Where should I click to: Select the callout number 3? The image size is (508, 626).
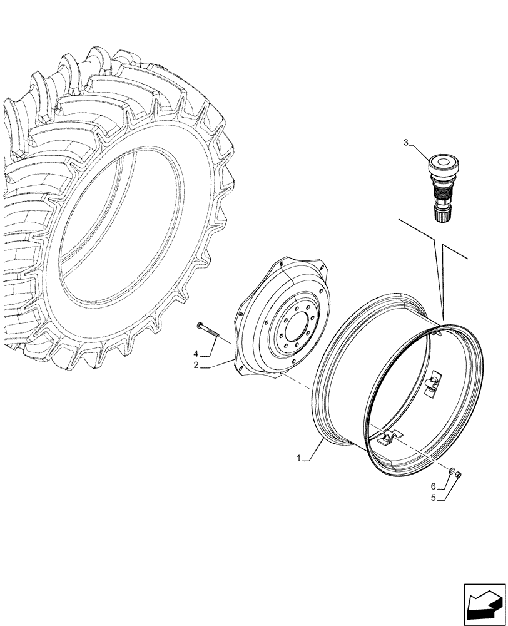coord(406,143)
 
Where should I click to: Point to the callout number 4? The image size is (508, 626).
coord(196,354)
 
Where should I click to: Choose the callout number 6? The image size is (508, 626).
coord(432,486)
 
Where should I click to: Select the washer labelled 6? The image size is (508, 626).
coord(452,469)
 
